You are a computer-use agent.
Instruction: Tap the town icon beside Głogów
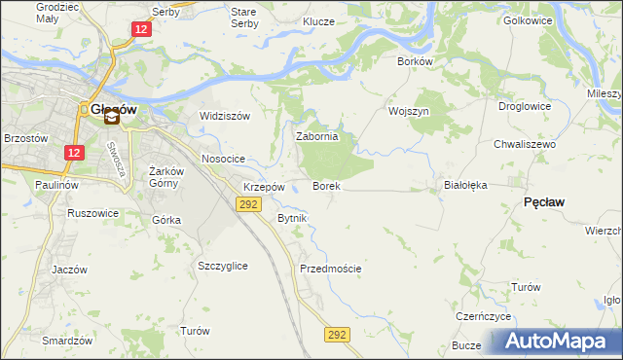[112, 119]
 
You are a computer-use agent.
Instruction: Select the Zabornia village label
[316, 137]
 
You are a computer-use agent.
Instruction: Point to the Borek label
[326, 186]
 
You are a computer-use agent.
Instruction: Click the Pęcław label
[546, 201]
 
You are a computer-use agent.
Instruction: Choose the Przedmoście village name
[331, 269]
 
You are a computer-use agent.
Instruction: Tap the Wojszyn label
[409, 111]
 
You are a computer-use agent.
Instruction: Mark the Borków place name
[415, 60]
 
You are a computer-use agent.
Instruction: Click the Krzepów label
[264, 187]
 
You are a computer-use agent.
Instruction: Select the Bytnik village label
[292, 218]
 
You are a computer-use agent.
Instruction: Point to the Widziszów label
[225, 116]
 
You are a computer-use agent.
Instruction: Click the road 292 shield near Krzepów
[249, 203]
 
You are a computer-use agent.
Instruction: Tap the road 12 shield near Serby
[142, 30]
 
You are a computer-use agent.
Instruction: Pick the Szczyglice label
[222, 266]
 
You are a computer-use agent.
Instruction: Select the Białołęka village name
[464, 184]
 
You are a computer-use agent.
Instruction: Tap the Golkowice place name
[527, 19]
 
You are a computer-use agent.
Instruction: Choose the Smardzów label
[67, 341]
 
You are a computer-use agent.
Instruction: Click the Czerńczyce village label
[484, 317]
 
